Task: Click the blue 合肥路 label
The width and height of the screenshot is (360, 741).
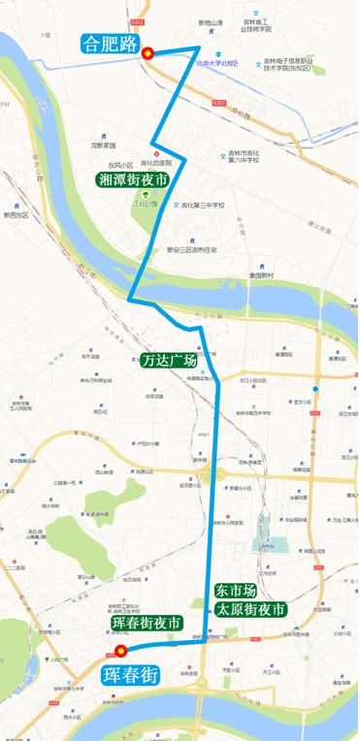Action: pos(110,42)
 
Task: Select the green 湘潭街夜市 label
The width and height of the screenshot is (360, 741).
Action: pos(133,179)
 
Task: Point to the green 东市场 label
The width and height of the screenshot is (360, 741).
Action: pos(237,590)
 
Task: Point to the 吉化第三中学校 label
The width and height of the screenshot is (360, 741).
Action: pos(203,205)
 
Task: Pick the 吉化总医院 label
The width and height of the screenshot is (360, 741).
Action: pos(153,163)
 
